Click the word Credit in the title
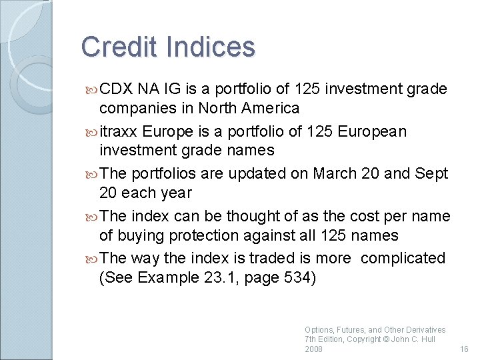119,47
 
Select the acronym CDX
117,89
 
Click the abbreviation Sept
432,174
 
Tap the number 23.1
217,277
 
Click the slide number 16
465,349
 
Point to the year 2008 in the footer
313,349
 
